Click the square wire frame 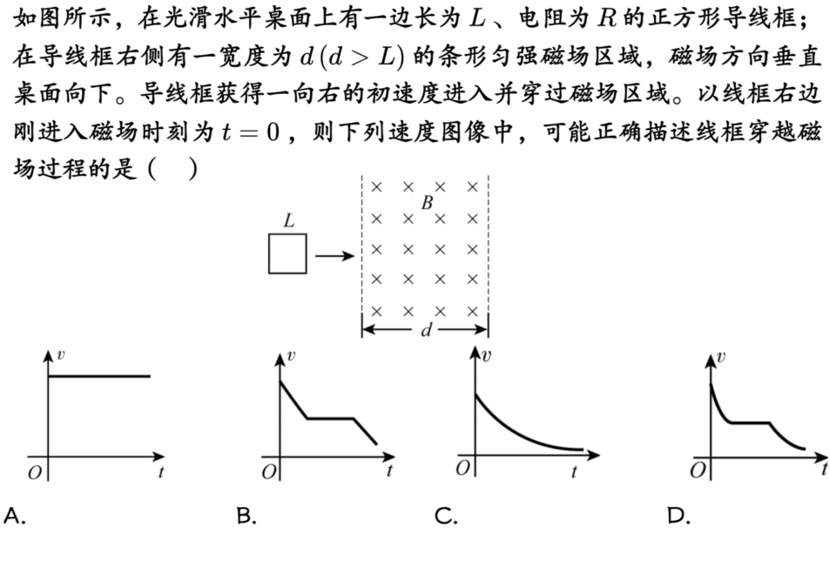269,254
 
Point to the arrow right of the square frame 334,256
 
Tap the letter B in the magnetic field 427,203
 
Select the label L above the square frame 288,220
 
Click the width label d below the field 426,330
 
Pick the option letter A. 14,515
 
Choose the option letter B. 246,515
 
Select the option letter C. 446,515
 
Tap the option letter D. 679,515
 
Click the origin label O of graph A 35,472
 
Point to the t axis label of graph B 389,470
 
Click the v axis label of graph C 487,355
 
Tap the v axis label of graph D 720,357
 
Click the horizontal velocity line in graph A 99,376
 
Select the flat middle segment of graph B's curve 330,419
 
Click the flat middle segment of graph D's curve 750,423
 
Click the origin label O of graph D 698,470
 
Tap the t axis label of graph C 574,471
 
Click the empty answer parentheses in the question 173,169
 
